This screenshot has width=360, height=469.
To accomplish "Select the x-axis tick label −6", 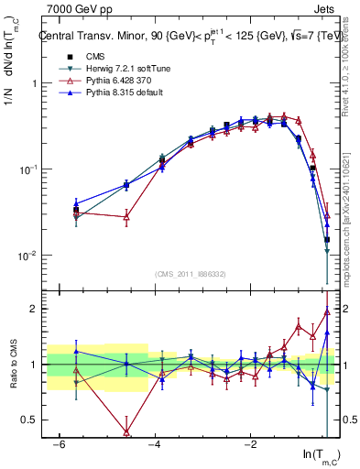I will pos(59,444).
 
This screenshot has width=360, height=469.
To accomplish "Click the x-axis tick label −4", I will pos(155,444).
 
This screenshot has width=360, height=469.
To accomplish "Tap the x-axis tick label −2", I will pos(250,444).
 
